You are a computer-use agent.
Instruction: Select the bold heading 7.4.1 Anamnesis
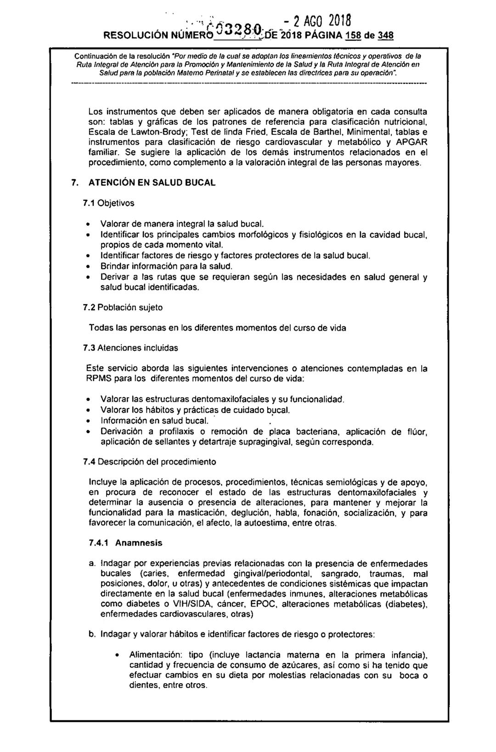click(126, 543)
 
